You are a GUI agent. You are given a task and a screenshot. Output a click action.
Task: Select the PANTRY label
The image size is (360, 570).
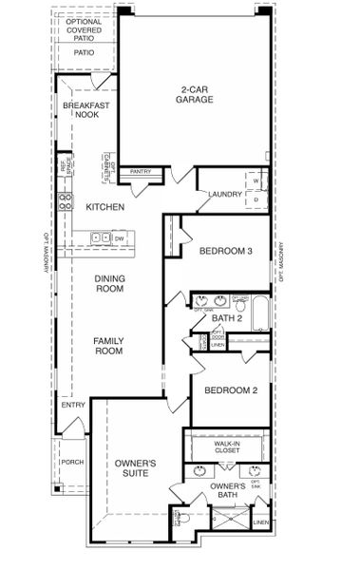pyautogui.click(x=141, y=172)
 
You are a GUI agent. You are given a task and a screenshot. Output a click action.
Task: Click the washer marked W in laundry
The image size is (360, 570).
pyautogui.click(x=256, y=180)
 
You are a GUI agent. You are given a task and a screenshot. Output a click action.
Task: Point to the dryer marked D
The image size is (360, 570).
pyautogui.click(x=256, y=199)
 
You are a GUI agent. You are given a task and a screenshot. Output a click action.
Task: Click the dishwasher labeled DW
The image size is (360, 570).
pyautogui.click(x=120, y=237)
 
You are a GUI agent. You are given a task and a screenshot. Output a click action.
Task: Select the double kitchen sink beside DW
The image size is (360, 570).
pyautogui.click(x=100, y=237)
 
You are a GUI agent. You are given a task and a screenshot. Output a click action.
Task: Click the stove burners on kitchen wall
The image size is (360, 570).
pyautogui.click(x=66, y=200)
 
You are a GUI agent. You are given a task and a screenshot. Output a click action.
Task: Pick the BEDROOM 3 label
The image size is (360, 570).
pyautogui.click(x=225, y=252)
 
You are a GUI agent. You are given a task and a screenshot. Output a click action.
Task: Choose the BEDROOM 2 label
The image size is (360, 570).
pyautogui.click(x=230, y=390)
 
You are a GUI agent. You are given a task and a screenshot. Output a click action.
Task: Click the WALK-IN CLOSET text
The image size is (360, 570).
pyautogui.click(x=227, y=447)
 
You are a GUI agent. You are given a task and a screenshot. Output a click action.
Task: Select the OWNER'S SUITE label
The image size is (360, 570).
pyautogui.click(x=135, y=467)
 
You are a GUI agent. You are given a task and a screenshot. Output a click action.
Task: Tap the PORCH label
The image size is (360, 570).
pyautogui.click(x=71, y=463)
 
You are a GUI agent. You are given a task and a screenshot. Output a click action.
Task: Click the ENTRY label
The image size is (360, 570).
pyautogui.click(x=73, y=406)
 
